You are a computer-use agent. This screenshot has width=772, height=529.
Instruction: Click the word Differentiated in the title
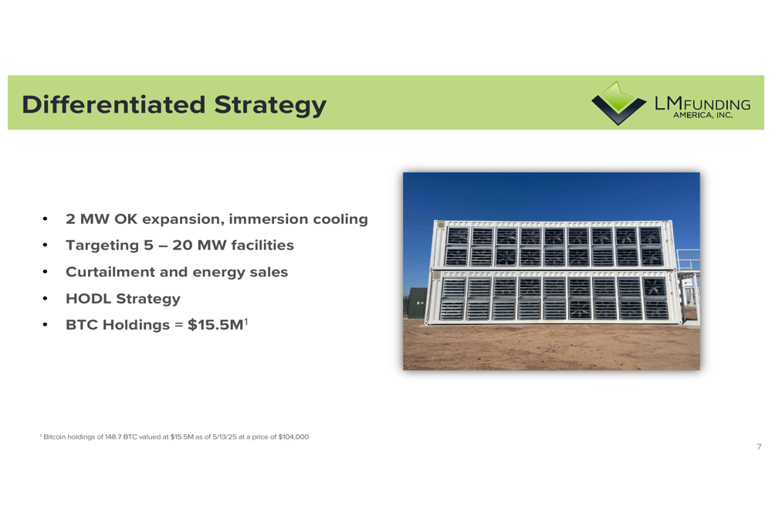tap(113, 105)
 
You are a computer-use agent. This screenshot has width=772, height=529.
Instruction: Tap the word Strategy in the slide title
tap(269, 106)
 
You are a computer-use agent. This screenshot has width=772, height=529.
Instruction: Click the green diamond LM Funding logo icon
tap(618, 103)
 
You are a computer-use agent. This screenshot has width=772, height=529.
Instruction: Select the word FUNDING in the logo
tap(717, 105)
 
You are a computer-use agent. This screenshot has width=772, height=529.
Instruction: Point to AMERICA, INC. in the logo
tap(703, 115)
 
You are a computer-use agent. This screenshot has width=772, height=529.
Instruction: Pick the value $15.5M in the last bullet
tap(215, 325)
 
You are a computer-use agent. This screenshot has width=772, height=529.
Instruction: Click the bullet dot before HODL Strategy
tap(45, 299)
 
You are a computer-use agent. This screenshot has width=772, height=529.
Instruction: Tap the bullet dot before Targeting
tap(45, 246)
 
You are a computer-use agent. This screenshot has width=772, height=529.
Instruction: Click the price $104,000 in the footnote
tap(293, 437)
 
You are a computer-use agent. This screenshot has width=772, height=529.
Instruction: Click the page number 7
tap(759, 446)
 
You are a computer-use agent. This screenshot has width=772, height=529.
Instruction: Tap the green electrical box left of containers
tap(417, 303)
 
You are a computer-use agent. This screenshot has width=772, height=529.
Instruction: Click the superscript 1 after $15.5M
tap(246, 321)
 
